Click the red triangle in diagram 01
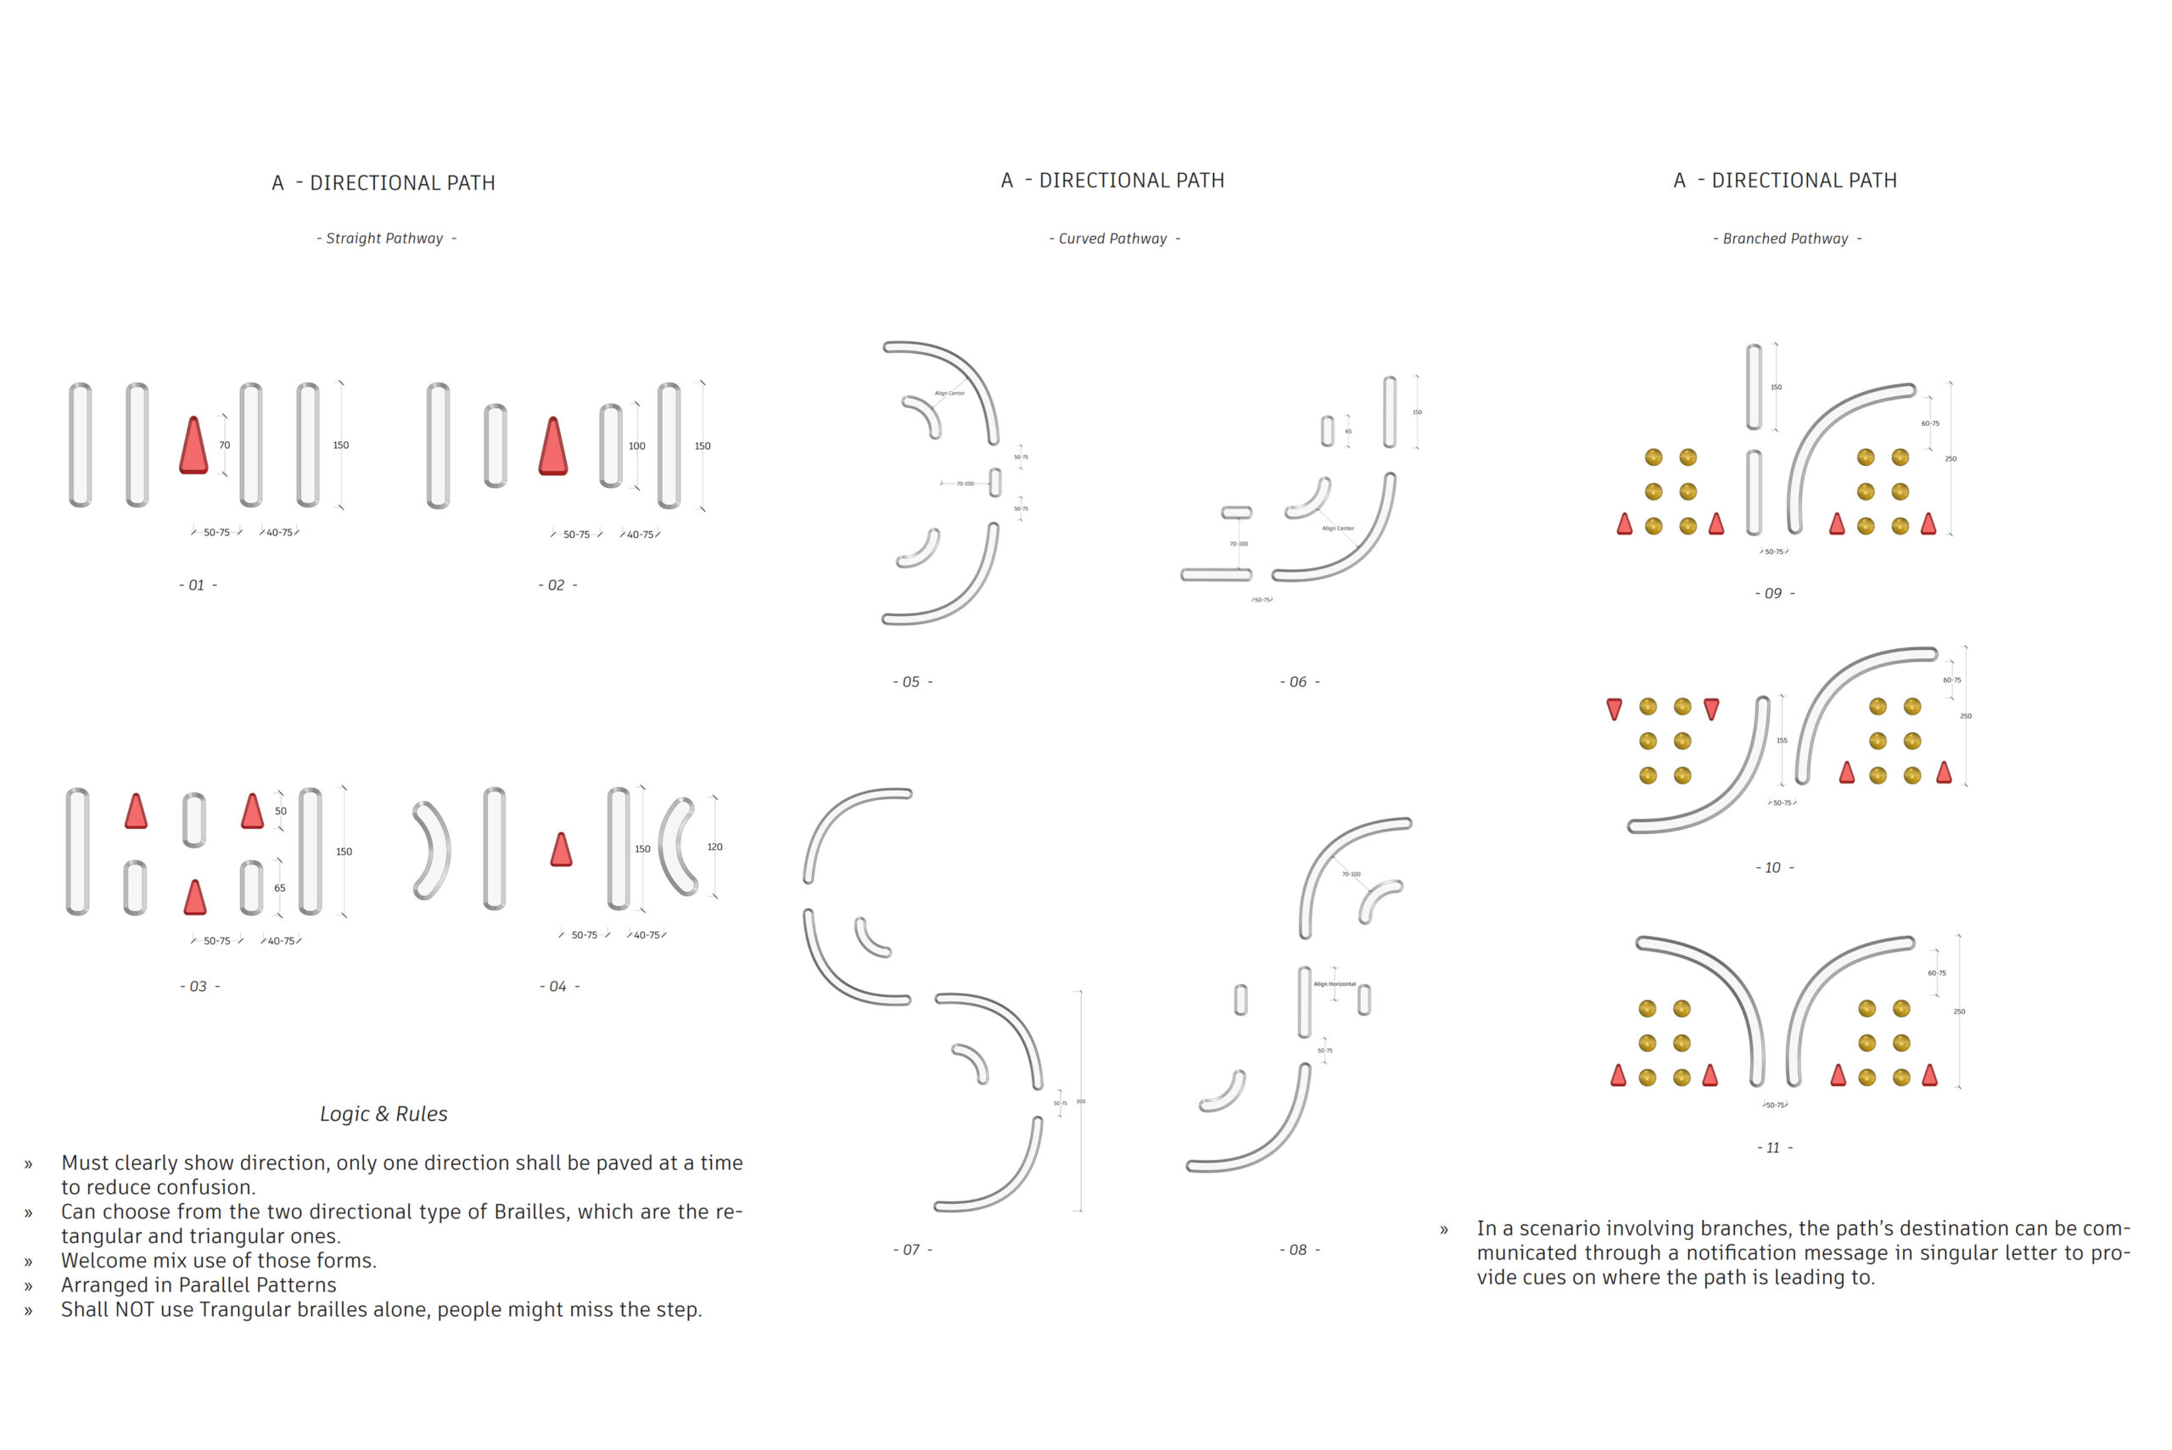(193, 446)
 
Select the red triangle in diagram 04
(562, 850)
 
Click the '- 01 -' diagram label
(198, 585)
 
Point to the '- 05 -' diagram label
(912, 682)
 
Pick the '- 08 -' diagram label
(1299, 1251)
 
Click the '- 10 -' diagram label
(1773, 868)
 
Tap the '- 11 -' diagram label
(1773, 1149)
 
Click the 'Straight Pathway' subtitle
(385, 238)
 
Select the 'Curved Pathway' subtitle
(1113, 238)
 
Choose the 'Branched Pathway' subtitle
(1785, 238)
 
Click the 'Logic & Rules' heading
(383, 1114)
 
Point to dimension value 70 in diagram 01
(225, 445)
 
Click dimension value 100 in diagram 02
(637, 446)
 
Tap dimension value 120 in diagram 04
(714, 847)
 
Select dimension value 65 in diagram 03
(280, 888)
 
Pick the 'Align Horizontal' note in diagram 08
(1335, 985)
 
